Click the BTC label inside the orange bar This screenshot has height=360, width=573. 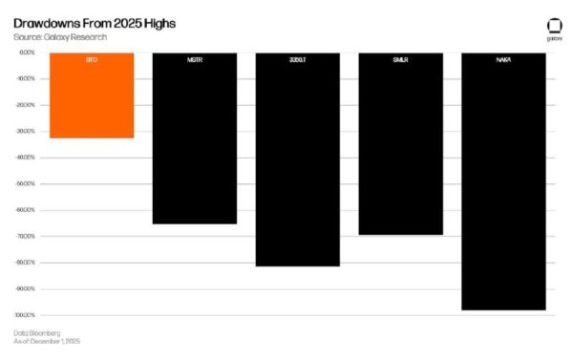92,59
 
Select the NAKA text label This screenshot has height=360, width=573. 503,59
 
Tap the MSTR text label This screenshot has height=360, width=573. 194,59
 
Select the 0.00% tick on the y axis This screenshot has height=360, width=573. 26,53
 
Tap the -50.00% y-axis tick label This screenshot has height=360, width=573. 25,183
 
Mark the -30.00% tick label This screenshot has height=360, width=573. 25,131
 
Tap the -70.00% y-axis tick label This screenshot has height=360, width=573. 25,236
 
